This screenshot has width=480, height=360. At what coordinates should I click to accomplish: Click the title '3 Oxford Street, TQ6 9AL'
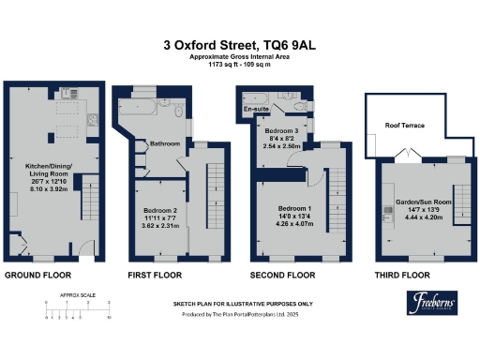point(239,43)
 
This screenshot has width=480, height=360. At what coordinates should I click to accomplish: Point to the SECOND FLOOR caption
point(282,276)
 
